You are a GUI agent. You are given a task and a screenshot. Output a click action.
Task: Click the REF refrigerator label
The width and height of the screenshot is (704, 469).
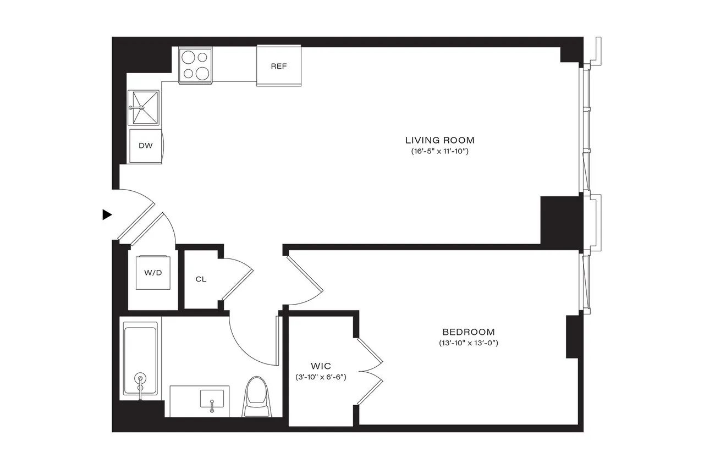[x=279, y=66]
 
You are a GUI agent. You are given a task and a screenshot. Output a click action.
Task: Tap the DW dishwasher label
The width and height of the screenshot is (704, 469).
[x=145, y=146]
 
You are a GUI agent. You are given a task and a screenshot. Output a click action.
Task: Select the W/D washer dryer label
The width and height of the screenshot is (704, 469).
[x=153, y=273]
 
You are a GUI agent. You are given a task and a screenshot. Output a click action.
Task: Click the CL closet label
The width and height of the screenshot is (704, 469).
[x=201, y=279]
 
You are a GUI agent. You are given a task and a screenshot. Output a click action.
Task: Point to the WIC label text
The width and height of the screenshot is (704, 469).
[x=320, y=365]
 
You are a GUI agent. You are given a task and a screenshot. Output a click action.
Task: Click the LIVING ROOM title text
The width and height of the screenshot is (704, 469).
[x=439, y=140]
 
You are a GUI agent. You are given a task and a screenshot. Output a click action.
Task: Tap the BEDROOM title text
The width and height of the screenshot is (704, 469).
[x=468, y=332]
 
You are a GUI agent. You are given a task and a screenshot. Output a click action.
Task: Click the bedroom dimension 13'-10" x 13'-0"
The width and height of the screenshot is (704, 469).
[x=468, y=343]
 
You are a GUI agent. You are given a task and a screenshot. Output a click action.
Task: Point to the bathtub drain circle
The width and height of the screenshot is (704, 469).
[x=141, y=378]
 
